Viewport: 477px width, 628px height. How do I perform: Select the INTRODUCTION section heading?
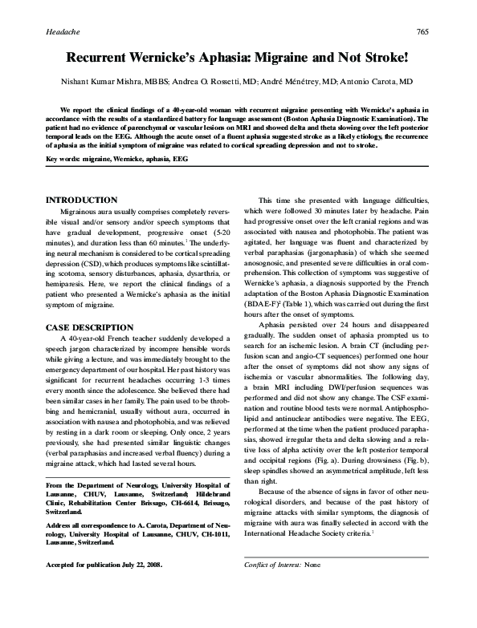(84, 199)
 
